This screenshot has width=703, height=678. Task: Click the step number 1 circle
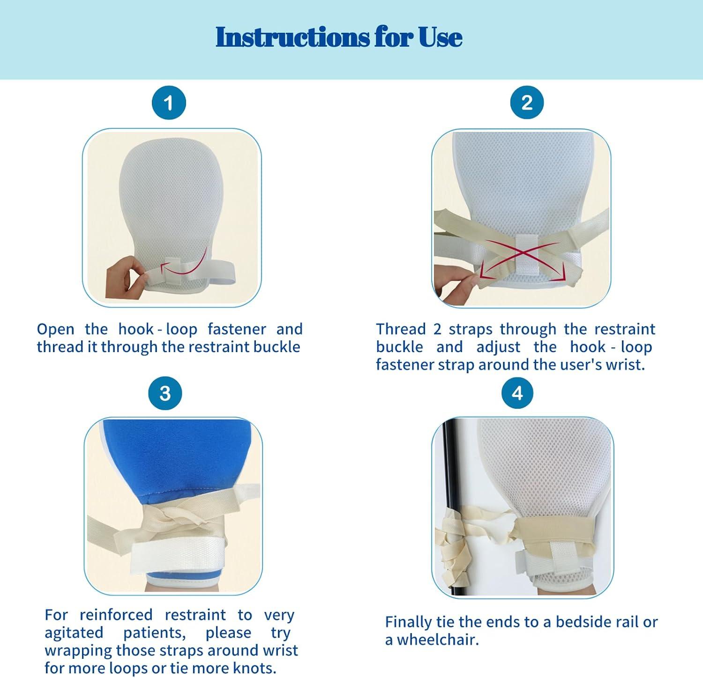[x=169, y=103]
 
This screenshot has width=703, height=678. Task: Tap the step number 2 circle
[x=527, y=103]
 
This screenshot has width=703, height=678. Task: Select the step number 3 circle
[x=165, y=393]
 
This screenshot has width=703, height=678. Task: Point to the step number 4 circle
[x=517, y=393]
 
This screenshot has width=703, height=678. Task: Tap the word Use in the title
[x=441, y=37]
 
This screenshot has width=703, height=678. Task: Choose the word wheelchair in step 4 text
[x=438, y=640]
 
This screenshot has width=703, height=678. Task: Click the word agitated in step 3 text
[x=74, y=633]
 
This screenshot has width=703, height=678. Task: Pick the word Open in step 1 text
[x=56, y=330]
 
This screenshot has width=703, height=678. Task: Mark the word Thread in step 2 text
[x=401, y=329]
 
